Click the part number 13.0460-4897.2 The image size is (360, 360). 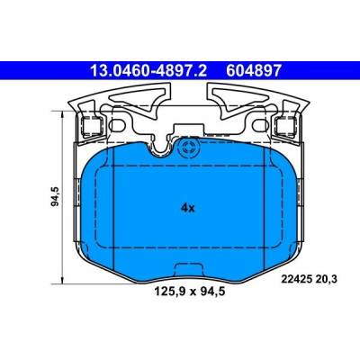tap(148, 71)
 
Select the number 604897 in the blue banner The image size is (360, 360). tap(254, 71)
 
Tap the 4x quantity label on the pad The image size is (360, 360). tap(188, 207)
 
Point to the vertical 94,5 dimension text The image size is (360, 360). tap(56, 196)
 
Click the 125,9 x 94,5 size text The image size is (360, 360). tap(189, 292)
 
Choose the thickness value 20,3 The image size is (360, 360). tap(326, 279)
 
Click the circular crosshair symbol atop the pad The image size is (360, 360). tap(189, 148)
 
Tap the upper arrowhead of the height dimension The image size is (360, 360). tap(62, 114)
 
